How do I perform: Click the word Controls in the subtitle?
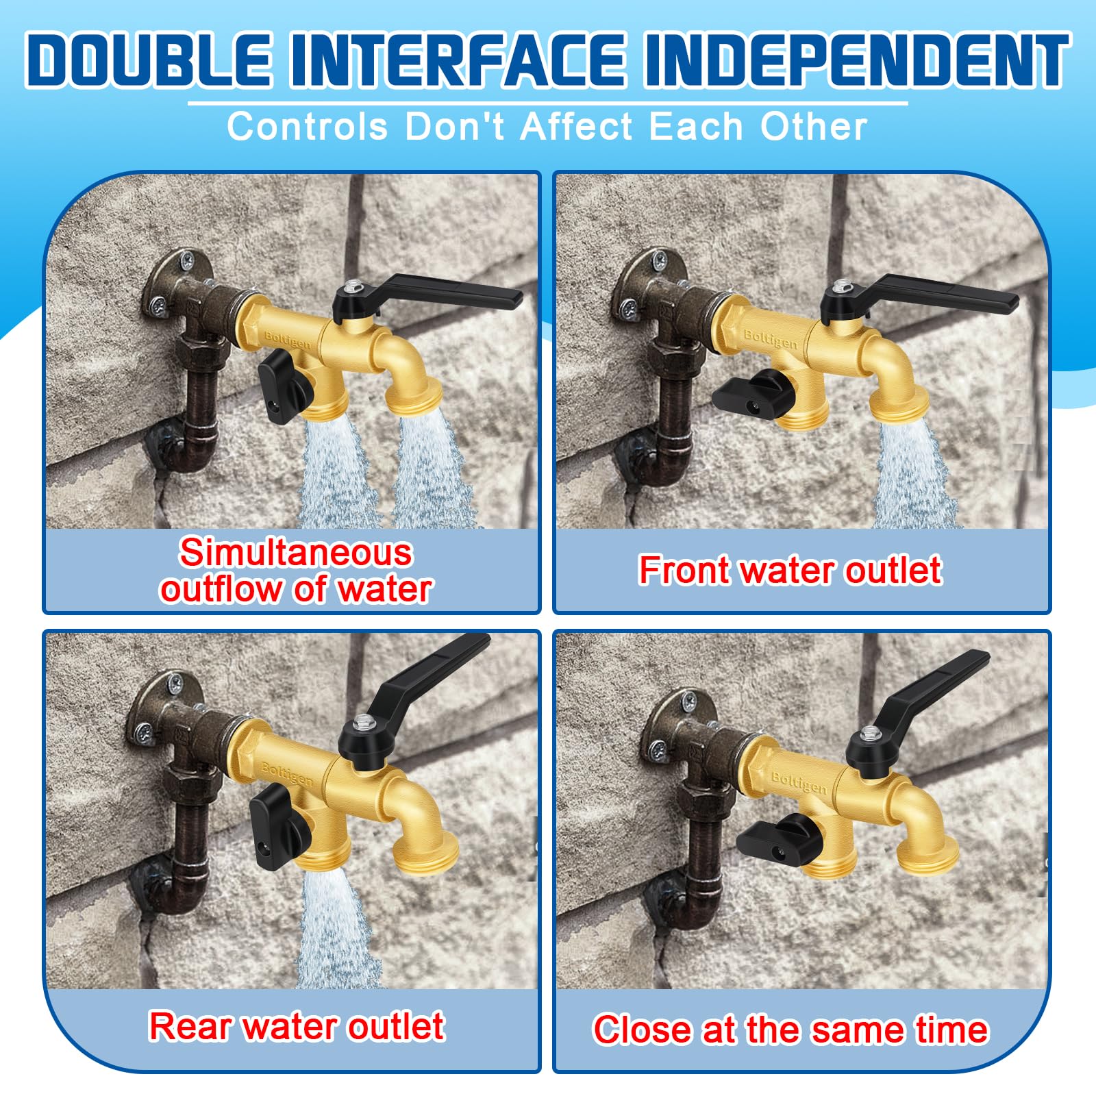click(x=308, y=127)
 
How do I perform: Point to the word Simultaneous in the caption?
click(x=296, y=552)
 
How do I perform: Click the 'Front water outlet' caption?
click(x=790, y=571)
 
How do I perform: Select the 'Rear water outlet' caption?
click(x=297, y=1026)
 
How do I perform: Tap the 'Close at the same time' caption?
click(x=790, y=1030)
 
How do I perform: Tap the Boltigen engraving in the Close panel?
click(x=799, y=782)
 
